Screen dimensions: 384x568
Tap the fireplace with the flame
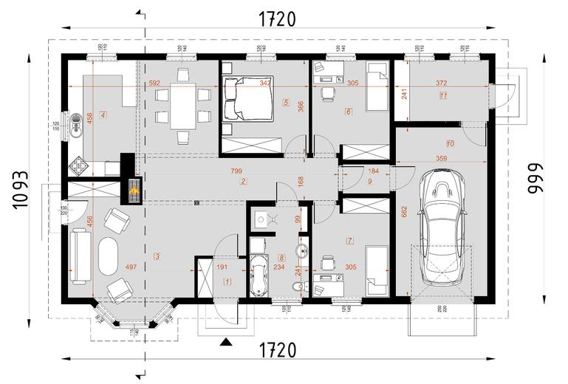(133, 191)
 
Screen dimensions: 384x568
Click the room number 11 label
(442, 95)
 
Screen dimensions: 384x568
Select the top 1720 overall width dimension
(277, 20)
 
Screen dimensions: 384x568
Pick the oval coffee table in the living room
(109, 257)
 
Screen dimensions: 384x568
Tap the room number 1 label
(227, 281)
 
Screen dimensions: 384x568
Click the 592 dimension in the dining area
(154, 83)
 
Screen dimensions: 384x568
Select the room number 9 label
(370, 181)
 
